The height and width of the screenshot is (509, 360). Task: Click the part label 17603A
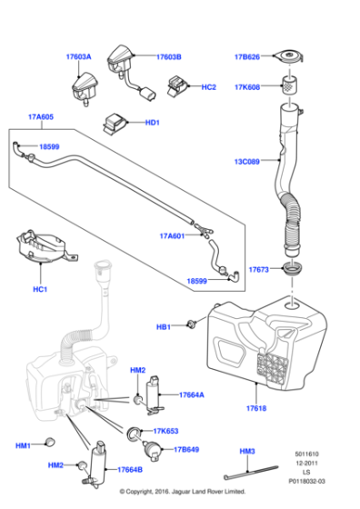pyautogui.click(x=78, y=56)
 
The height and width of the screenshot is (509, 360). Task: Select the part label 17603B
pyautogui.click(x=168, y=56)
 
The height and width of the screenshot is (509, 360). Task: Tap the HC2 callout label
pyautogui.click(x=208, y=87)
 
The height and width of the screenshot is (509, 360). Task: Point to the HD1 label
pyautogui.click(x=152, y=123)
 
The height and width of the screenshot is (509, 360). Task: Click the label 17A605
pyautogui.click(x=42, y=117)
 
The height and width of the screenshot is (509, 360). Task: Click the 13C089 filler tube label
pyautogui.click(x=247, y=162)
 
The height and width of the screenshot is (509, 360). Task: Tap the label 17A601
pyautogui.click(x=172, y=235)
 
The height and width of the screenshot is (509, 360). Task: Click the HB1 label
pyautogui.click(x=164, y=325)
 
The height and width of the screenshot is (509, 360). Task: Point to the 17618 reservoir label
pyautogui.click(x=255, y=409)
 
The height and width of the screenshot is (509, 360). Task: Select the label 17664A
pyautogui.click(x=191, y=395)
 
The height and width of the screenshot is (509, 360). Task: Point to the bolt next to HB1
pyautogui.click(x=192, y=324)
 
